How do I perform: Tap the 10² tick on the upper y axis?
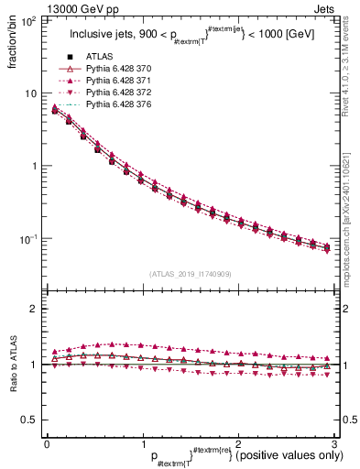click(x=30, y=20)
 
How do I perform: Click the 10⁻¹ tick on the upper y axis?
click(x=30, y=239)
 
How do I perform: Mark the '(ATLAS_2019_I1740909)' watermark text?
click(x=190, y=273)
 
